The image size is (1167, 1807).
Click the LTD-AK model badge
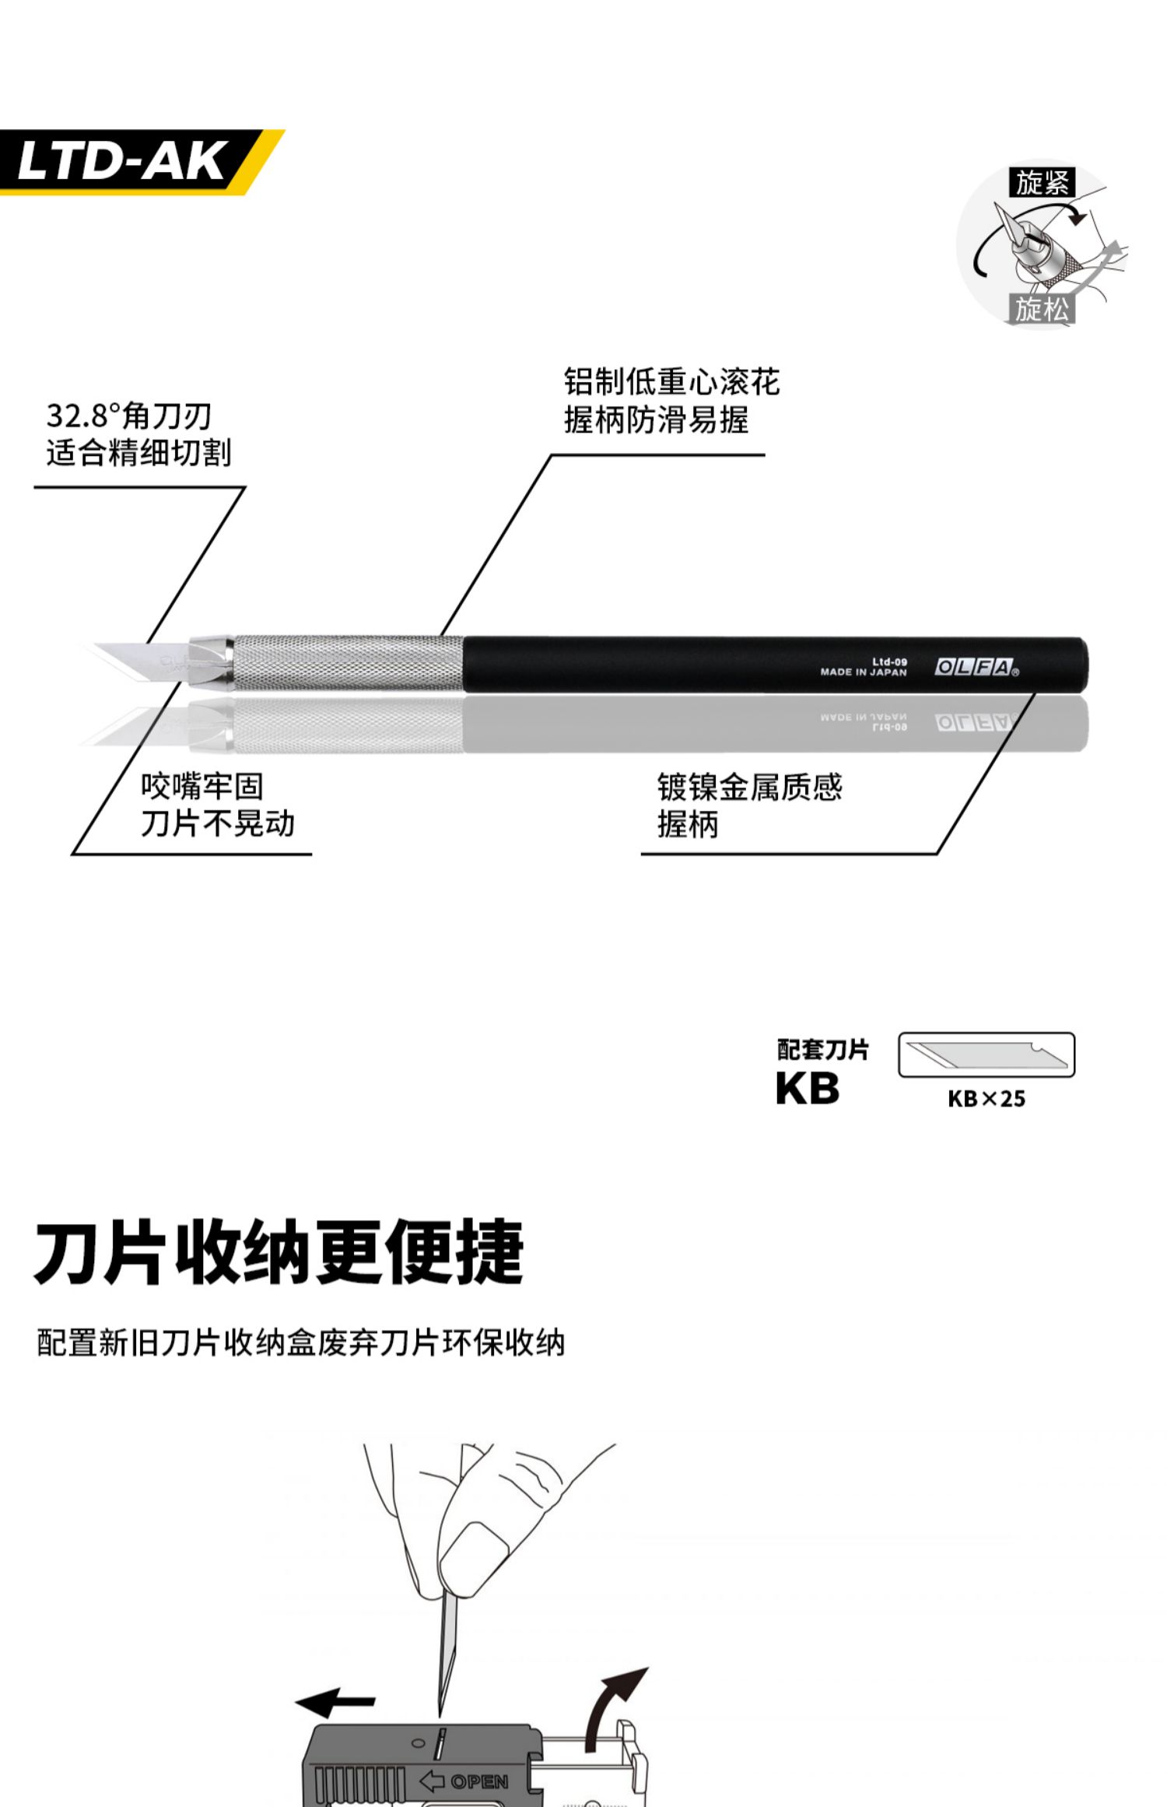[x=124, y=162]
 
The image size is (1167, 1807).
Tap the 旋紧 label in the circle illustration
[x=1043, y=182]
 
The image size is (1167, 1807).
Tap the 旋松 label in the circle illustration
[x=1042, y=309]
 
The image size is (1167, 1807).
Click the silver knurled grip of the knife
[x=349, y=663]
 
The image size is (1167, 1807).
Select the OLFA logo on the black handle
[x=975, y=667]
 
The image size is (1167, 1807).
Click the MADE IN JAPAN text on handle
[x=863, y=672]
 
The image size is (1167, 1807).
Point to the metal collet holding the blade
[x=211, y=661]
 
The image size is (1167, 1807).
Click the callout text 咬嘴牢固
[x=202, y=786]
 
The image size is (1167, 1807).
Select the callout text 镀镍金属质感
[x=749, y=787]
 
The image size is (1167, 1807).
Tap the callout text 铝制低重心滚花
[x=671, y=382]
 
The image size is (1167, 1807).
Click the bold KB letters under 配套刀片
[x=808, y=1088]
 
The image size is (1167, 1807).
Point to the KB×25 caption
[x=986, y=1099]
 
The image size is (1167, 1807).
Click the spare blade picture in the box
[x=987, y=1054]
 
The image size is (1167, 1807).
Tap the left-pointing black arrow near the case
[x=335, y=1702]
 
